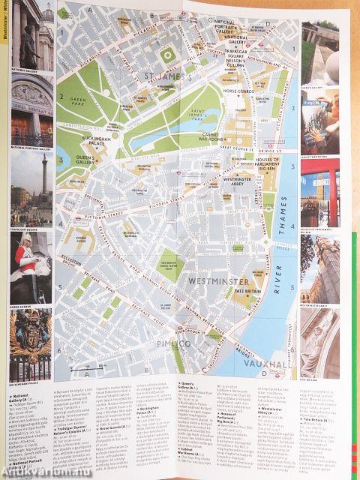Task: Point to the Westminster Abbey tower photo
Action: coord(319,269)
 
